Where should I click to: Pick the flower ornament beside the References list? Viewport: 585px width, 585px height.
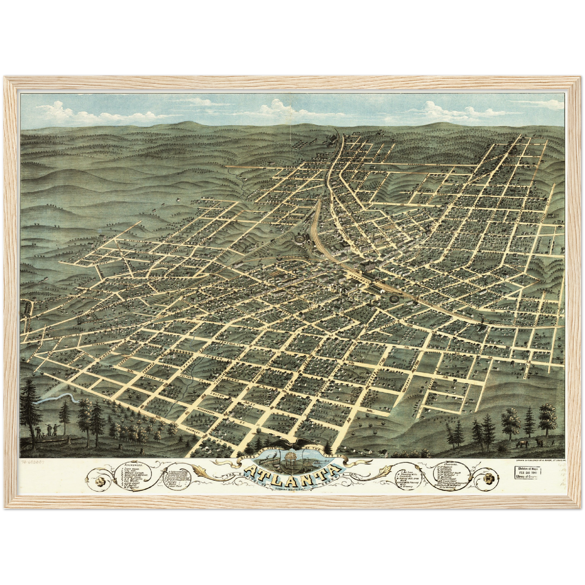tap(100, 483)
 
